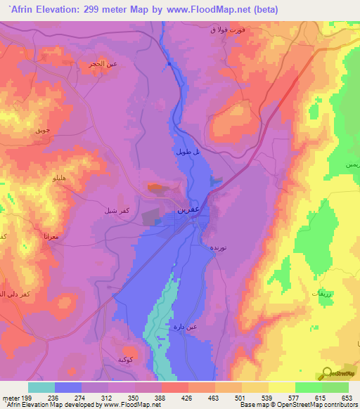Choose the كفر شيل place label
[103, 209]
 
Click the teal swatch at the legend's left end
[41, 387]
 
